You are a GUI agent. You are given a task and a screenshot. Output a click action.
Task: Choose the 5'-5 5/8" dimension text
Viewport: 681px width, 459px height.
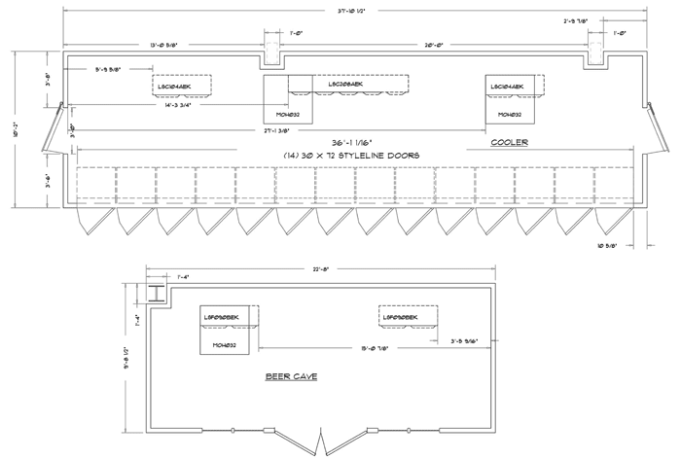(x=115, y=69)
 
